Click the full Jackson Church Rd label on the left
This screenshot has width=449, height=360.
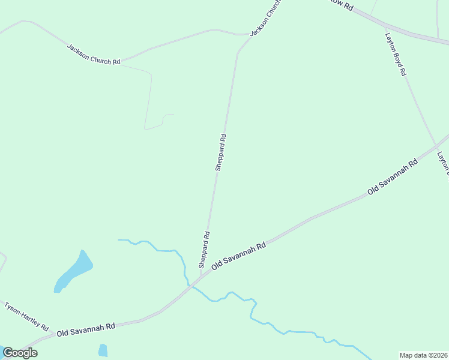[x=94, y=55]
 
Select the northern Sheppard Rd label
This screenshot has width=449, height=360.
[x=221, y=152]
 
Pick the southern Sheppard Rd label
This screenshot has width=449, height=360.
[x=205, y=250]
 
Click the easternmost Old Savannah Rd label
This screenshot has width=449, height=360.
[x=393, y=177]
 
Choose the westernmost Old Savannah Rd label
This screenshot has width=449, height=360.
[x=86, y=329]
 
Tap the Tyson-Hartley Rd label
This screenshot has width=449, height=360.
[x=26, y=316]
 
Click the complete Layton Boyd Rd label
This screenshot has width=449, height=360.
[x=396, y=53]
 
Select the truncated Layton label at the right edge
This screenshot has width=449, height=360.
[x=442, y=163]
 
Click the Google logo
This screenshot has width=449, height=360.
[x=20, y=353]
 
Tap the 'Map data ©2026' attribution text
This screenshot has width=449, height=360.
[x=423, y=355]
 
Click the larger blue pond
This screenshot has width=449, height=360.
[x=74, y=272]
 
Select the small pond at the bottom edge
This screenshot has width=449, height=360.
[x=103, y=350]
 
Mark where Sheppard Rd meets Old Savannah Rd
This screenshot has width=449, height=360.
[x=201, y=278]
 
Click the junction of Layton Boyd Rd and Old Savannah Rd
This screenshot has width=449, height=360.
[x=436, y=145]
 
